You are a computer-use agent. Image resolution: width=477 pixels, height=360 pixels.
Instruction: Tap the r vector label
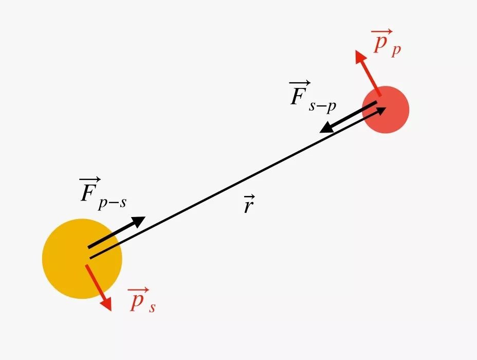tap(248, 206)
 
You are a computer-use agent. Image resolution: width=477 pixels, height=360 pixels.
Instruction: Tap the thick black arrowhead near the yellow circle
tap(139, 221)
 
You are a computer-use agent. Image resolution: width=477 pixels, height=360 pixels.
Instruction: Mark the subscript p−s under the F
tap(113, 203)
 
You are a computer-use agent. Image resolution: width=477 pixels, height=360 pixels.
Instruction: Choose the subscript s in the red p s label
tap(153, 307)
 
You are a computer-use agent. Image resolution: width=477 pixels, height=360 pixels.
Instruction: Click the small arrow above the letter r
tap(249, 199)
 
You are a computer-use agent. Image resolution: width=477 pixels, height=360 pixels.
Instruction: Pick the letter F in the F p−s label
tap(87, 192)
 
